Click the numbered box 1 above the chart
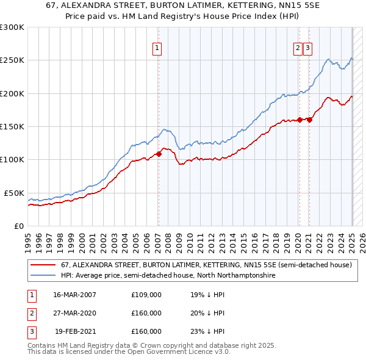coord(157,49)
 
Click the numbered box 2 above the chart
coord(298,49)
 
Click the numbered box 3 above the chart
coord(307,49)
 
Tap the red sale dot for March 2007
coord(159,154)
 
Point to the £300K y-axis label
coord(12,27)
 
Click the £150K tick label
coord(12,126)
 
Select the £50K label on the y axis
coord(15,193)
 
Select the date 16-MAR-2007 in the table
coord(74,295)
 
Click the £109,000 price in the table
coord(146,295)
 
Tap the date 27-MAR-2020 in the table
coord(74,313)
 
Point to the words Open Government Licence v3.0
coord(178,352)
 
